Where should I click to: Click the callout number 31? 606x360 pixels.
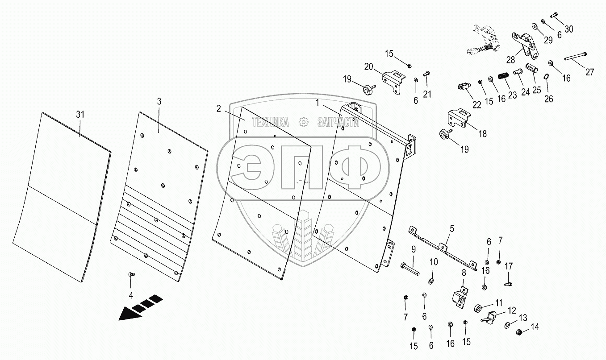[x=80, y=115]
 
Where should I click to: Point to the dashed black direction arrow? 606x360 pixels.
[x=140, y=306]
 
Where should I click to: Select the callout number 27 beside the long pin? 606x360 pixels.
[x=590, y=72]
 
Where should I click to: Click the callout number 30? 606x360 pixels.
[x=568, y=29]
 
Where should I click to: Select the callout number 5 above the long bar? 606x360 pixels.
[x=452, y=229]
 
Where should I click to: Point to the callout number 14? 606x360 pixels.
[x=535, y=327]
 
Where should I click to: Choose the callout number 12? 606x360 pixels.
[x=512, y=310]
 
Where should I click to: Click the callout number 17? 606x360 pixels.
[x=509, y=266]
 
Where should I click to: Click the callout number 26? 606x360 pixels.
[x=549, y=99]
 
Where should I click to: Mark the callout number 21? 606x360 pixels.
[x=428, y=94]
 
